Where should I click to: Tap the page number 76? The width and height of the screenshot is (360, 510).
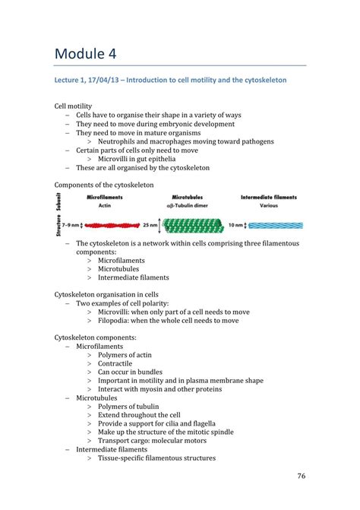pos(300,477)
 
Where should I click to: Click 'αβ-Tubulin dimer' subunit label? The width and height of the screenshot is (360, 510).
pos(187,205)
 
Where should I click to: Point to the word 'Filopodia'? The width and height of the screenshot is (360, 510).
pos(115,321)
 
